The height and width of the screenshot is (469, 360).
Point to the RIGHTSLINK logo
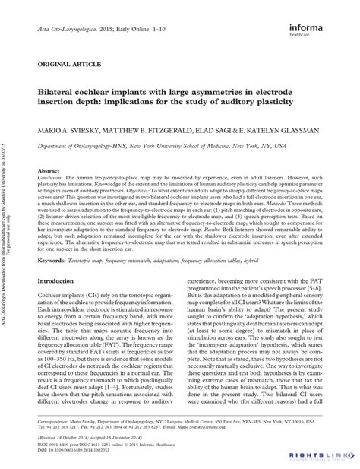(327, 455)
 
